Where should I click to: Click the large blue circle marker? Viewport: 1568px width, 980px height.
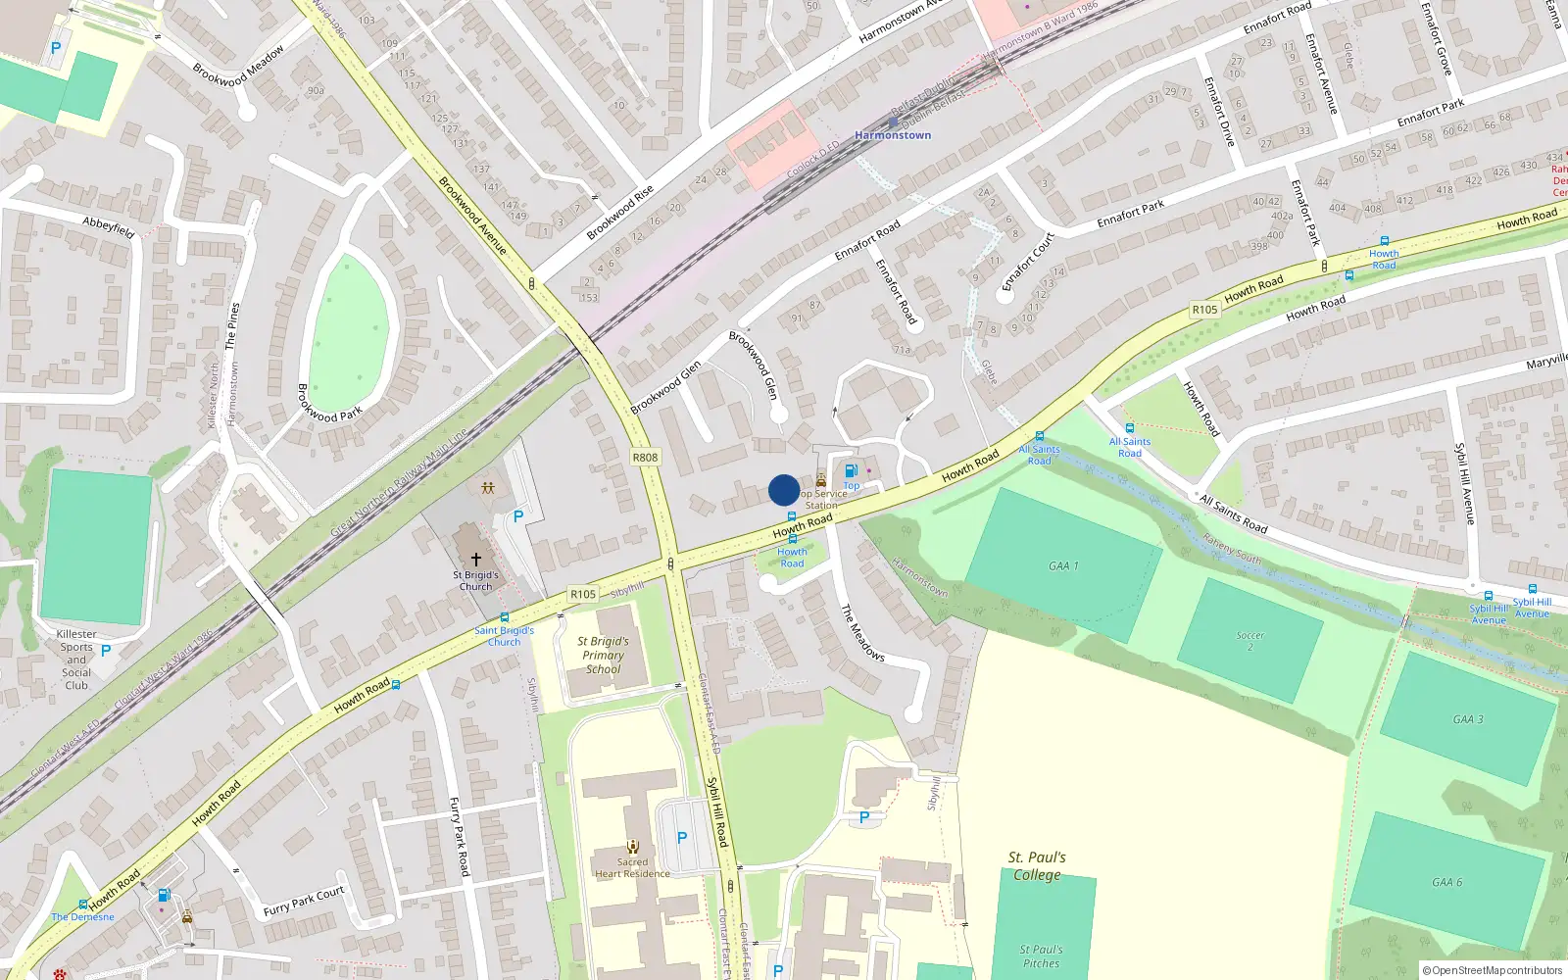(x=784, y=490)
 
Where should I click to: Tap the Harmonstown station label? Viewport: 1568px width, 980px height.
(x=893, y=135)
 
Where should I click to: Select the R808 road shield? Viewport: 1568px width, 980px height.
(x=645, y=458)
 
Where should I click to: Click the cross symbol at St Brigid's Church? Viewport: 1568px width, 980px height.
(x=476, y=560)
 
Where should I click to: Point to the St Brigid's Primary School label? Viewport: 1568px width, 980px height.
(x=604, y=656)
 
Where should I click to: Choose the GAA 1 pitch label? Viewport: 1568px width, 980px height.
(x=1063, y=566)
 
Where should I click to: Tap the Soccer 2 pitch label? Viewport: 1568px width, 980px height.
(x=1250, y=641)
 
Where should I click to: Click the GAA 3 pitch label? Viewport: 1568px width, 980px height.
(x=1467, y=719)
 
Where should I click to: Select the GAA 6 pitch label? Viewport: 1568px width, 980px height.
(x=1446, y=882)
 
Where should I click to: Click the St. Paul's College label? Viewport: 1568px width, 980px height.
(x=1037, y=866)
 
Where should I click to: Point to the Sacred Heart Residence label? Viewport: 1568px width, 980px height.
(x=632, y=868)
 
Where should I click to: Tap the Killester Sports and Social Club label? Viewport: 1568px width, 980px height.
(x=76, y=660)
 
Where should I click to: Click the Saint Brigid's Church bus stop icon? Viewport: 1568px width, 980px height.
(x=505, y=618)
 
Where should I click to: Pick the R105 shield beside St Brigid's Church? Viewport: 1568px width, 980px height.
(x=583, y=594)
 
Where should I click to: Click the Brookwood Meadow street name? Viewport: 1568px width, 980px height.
(x=238, y=66)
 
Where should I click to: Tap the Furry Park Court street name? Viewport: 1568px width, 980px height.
(x=304, y=901)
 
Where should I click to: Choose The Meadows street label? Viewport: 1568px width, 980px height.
(x=862, y=633)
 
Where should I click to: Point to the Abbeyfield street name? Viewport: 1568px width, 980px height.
(x=108, y=227)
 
